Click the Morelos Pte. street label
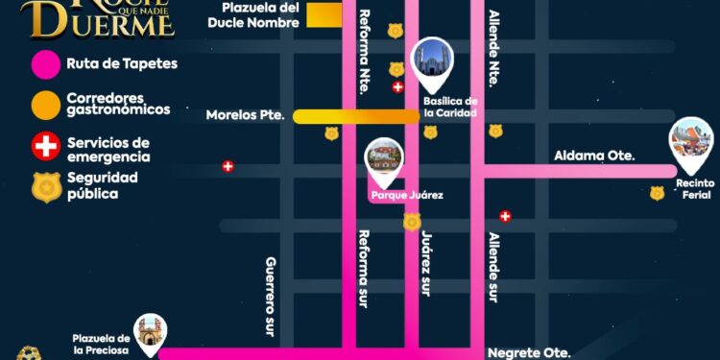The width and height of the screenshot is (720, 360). point(246,116)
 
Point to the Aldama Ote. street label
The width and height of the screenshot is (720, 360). point(594,156)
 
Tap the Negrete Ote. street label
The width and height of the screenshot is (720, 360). point(529,352)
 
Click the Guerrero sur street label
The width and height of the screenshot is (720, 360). point(271,296)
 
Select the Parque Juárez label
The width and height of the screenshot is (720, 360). point(407,196)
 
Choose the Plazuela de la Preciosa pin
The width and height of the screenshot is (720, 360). point(150,333)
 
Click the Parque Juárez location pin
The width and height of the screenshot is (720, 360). point(385,160)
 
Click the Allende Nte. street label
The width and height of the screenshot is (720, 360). point(493,49)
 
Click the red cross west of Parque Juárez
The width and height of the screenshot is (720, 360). point(228,166)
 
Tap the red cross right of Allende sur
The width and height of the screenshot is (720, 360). point(505,217)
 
